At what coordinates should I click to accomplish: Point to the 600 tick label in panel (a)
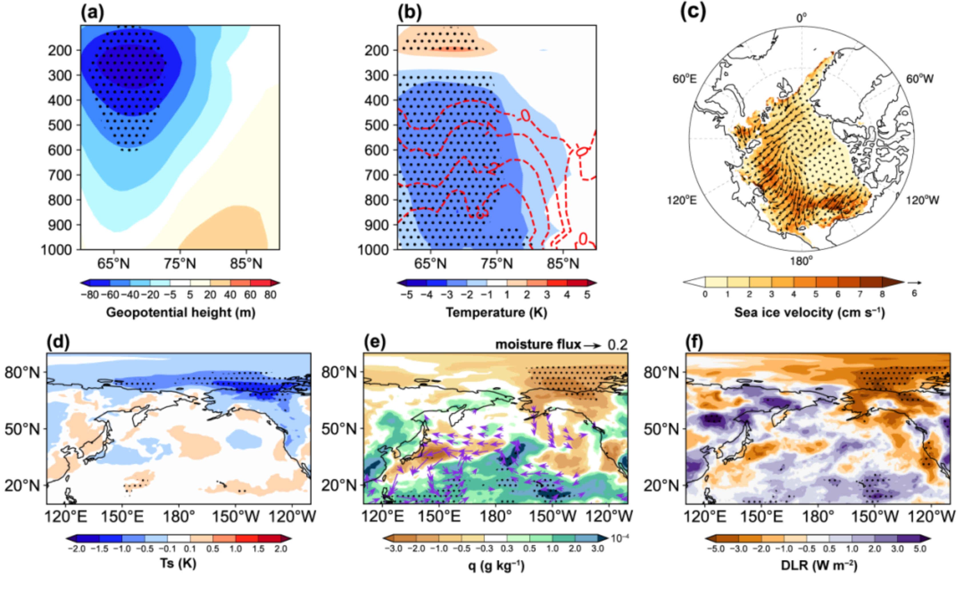click(60, 150)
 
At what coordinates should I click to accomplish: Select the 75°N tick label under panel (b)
click(497, 263)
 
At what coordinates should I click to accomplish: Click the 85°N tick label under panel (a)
click(246, 263)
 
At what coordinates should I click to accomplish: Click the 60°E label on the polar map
click(684, 79)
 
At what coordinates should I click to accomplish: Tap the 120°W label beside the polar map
click(922, 200)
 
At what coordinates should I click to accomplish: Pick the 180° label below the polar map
click(801, 261)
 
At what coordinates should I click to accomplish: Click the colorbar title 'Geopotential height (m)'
click(181, 313)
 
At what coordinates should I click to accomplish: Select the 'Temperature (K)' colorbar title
click(496, 313)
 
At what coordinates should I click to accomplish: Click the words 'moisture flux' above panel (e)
click(538, 345)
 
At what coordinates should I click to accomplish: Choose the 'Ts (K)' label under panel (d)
click(178, 563)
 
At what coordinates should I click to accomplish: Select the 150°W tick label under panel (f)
click(875, 516)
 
